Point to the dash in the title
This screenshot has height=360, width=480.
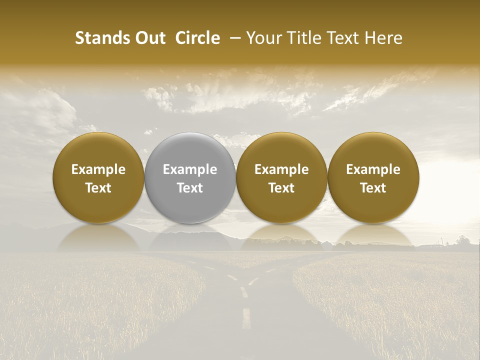pos(233,38)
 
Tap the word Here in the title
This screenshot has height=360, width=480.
pos(385,38)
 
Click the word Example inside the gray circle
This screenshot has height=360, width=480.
pos(190,169)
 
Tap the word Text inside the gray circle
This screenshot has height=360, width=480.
pos(190,188)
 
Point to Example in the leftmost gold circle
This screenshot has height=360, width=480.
pos(98,169)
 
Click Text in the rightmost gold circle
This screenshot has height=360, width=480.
pos(373,188)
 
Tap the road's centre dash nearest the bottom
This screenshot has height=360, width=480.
pos(246,318)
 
